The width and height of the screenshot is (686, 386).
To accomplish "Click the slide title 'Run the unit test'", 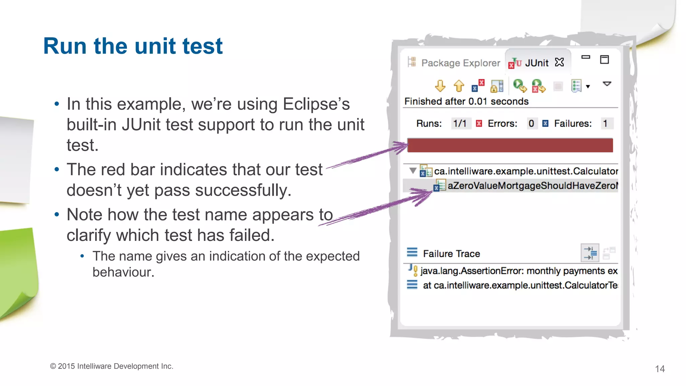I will click(133, 46).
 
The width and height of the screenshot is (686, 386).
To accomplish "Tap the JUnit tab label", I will click(536, 63).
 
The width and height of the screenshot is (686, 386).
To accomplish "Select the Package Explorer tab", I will click(460, 63).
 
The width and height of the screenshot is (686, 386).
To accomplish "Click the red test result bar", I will click(510, 145).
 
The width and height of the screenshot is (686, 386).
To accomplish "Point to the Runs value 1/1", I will click(460, 124).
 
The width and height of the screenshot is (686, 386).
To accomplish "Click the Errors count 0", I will click(531, 124).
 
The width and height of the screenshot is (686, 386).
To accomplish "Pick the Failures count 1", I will click(605, 124).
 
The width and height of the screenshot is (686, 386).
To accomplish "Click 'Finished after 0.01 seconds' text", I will click(466, 102).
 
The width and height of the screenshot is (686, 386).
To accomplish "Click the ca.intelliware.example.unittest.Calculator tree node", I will click(526, 171).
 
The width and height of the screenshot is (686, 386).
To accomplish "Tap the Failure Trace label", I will click(451, 254).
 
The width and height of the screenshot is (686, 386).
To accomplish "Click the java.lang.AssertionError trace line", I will click(519, 271).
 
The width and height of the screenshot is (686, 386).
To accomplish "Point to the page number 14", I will click(660, 369).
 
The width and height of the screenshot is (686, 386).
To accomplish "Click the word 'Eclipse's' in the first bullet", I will click(316, 104).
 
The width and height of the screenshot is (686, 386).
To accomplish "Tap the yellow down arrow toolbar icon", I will click(440, 86).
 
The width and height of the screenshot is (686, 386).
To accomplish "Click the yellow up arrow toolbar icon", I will click(459, 86).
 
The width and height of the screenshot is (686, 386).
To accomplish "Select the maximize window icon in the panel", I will click(604, 60).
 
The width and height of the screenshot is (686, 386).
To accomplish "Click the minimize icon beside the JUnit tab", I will click(586, 57).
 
